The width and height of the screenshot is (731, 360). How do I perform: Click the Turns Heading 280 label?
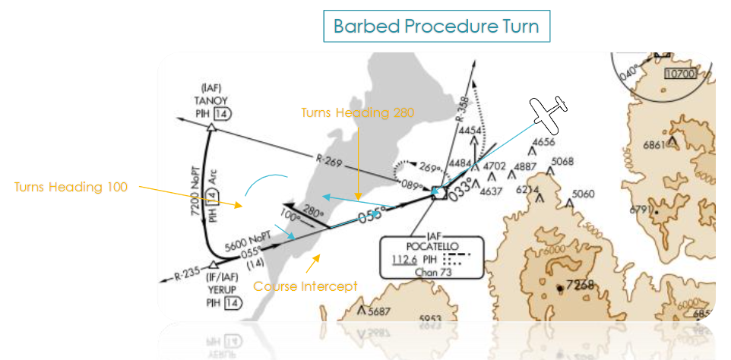click(x=357, y=112)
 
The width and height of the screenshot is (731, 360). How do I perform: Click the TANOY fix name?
click(x=211, y=99)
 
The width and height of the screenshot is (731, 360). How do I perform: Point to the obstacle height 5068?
click(x=562, y=161)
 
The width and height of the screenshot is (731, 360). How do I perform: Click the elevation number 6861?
click(x=653, y=144)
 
